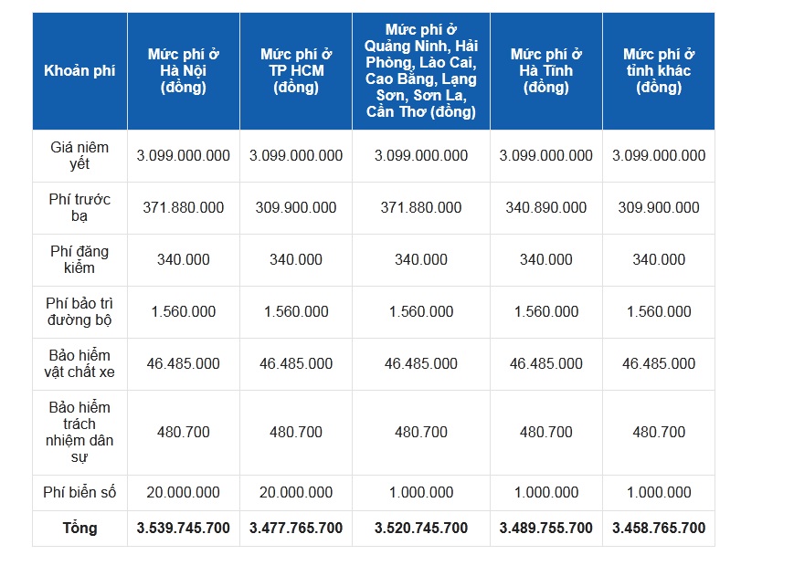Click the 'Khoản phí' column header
79,71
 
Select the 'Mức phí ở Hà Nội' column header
183,71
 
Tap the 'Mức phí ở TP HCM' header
295,71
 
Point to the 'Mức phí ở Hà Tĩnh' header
545,71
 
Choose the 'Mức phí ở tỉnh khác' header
658,71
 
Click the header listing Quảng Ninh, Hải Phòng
420,71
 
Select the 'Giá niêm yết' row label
79,155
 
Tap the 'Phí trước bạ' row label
79,207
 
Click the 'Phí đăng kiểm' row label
79,259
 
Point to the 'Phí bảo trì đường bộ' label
79,311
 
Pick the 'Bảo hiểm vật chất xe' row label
79,363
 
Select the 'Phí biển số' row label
79,492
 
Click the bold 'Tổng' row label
79,528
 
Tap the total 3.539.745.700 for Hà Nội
183,528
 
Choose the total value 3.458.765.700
658,528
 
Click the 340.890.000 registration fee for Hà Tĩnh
545,207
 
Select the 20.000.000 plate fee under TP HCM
295,492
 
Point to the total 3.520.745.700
420,528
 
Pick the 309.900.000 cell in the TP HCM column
295,207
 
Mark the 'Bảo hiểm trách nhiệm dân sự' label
79,432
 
